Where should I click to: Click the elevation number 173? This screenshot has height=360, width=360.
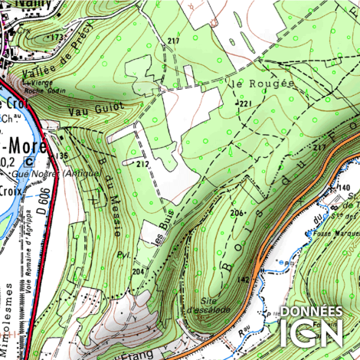tap(55, 37)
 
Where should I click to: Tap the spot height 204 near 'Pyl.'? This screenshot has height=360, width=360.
tap(138, 271)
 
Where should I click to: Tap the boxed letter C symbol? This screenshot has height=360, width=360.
tap(28, 162)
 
